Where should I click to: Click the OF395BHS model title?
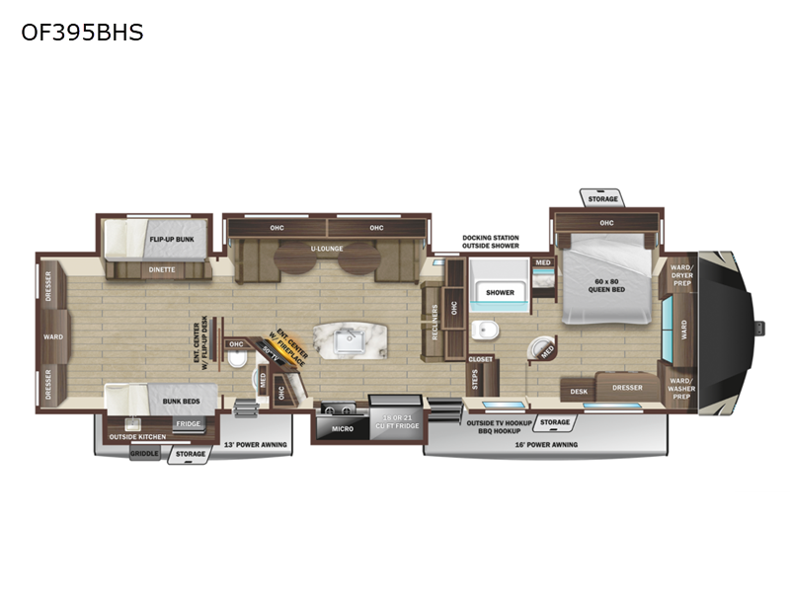(x=82, y=33)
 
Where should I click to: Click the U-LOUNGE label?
(x=325, y=249)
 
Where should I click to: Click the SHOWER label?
(x=500, y=292)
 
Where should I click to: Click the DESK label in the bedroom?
(x=579, y=392)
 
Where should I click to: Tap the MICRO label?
(x=341, y=428)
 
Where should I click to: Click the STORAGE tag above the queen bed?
(x=602, y=199)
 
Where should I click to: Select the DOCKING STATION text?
(x=490, y=238)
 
